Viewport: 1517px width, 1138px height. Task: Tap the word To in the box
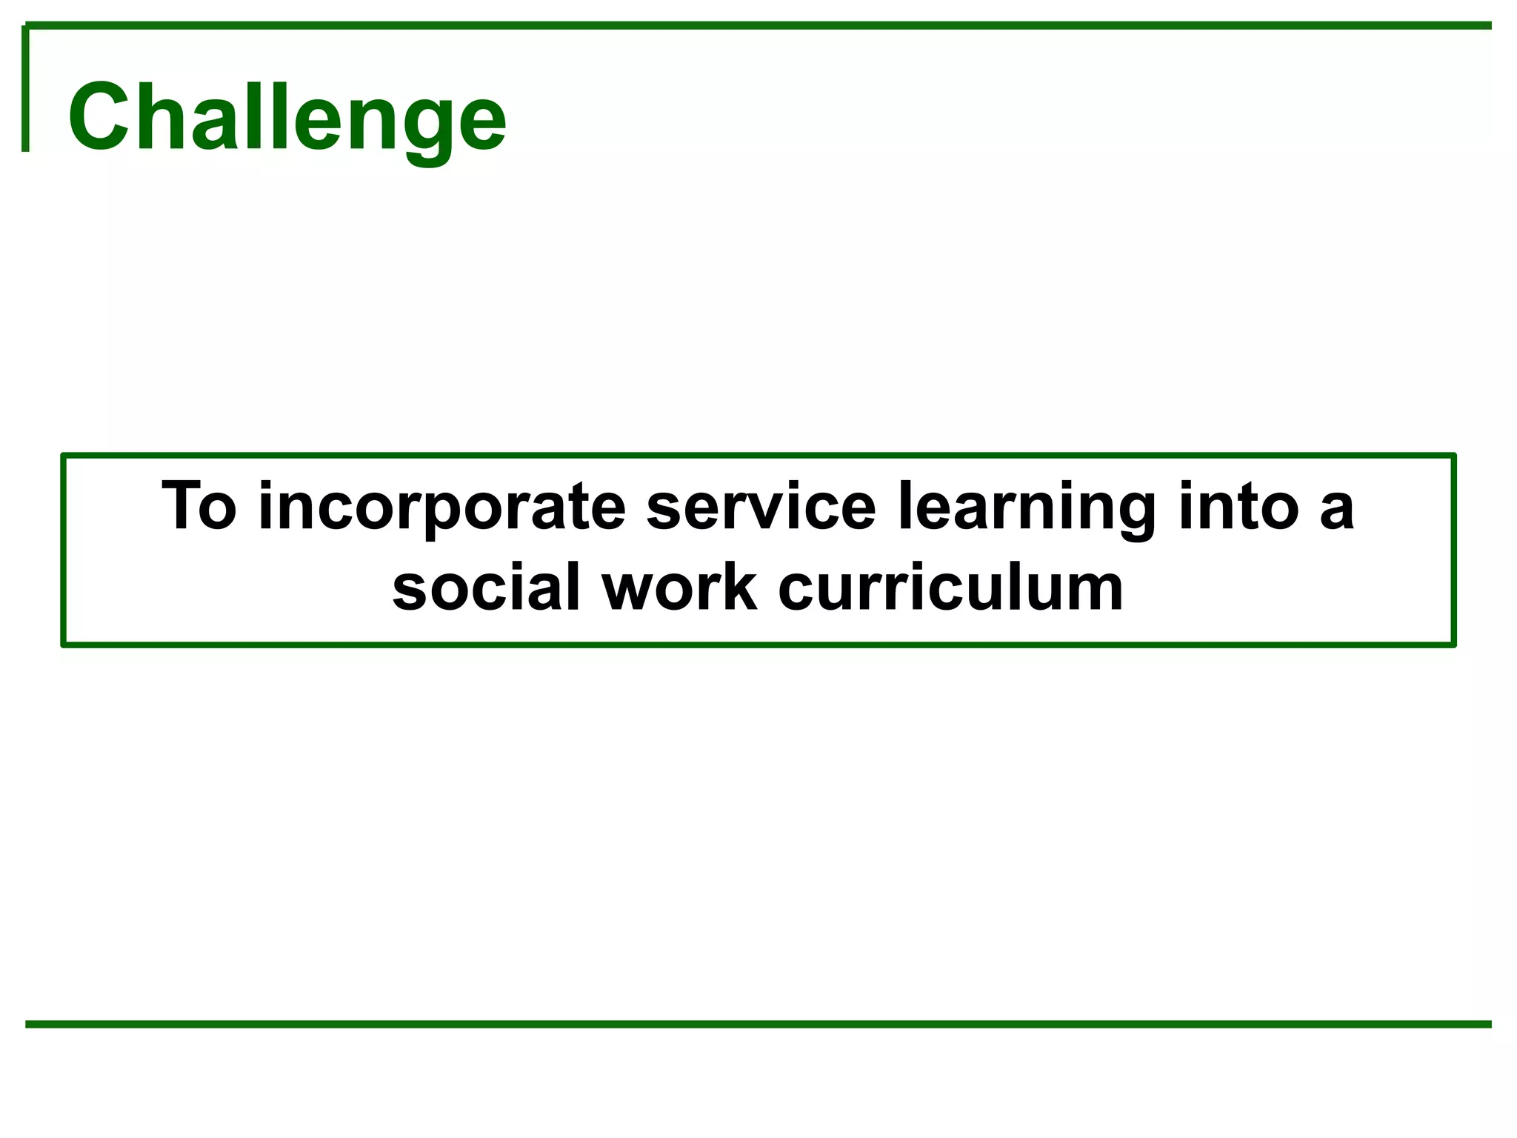[199, 506]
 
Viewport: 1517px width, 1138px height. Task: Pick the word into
[1238, 506]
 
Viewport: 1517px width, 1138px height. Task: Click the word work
[680, 588]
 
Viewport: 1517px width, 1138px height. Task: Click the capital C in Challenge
[99, 117]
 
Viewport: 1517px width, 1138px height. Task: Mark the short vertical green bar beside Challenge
[25, 89]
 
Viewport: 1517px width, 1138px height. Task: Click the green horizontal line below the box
[758, 1024]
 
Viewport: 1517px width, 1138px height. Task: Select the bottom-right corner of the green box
[1453, 644]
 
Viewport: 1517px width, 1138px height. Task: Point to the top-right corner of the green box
[1453, 456]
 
